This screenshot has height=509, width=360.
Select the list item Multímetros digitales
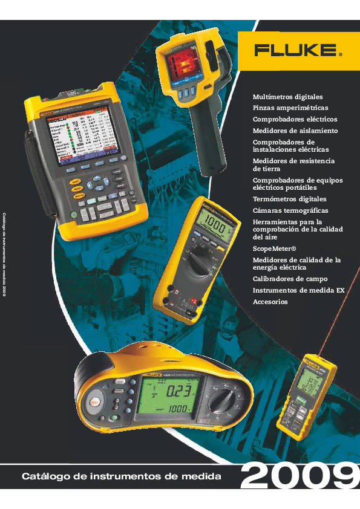(x=287, y=97)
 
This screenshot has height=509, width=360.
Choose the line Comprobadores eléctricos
(x=295, y=120)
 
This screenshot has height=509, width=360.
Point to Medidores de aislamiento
(x=295, y=131)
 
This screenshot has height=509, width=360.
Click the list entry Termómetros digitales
(x=289, y=199)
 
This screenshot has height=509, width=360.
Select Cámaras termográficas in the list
(x=290, y=210)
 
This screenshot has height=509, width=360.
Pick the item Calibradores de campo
(x=290, y=279)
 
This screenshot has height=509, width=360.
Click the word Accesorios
(x=270, y=302)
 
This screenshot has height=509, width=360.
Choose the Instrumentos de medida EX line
(x=298, y=290)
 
